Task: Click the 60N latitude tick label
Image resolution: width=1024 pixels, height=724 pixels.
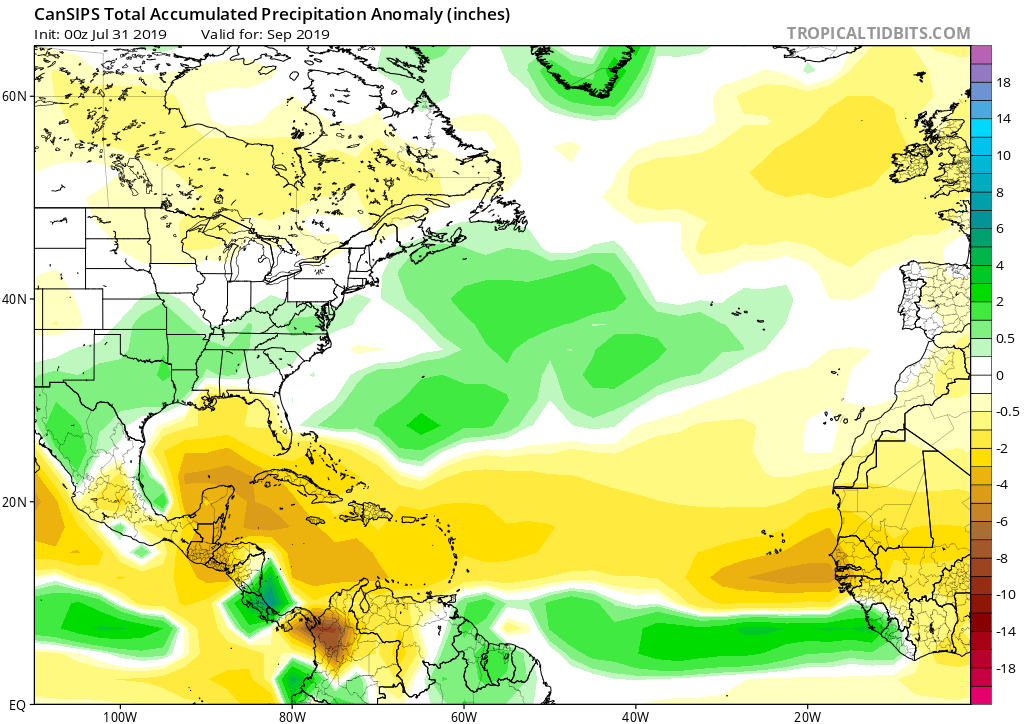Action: pyautogui.click(x=15, y=96)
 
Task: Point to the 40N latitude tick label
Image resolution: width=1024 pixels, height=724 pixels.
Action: pyautogui.click(x=15, y=299)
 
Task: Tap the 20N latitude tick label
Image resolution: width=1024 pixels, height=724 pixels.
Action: pyautogui.click(x=15, y=502)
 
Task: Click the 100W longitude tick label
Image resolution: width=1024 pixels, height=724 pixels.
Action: pyautogui.click(x=118, y=716)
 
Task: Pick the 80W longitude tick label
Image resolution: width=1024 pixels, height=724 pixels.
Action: pyautogui.click(x=291, y=716)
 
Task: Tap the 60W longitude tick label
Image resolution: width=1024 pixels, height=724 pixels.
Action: pyautogui.click(x=463, y=716)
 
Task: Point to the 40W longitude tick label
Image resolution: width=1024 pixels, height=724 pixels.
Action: pyautogui.click(x=635, y=716)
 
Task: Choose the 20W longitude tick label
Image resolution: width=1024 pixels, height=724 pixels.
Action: pyautogui.click(x=807, y=716)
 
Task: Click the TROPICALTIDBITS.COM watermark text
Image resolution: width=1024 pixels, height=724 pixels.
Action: pyautogui.click(x=878, y=33)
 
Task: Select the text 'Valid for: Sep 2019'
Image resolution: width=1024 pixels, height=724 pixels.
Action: pyautogui.click(x=264, y=34)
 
